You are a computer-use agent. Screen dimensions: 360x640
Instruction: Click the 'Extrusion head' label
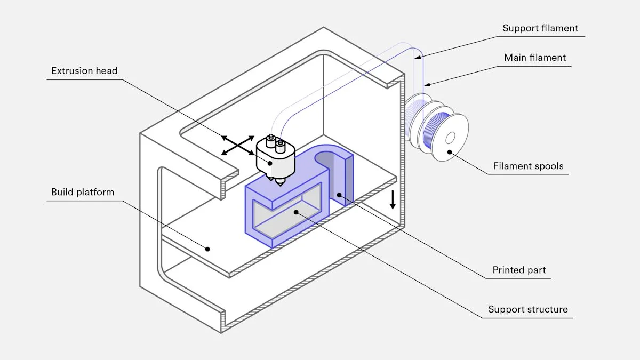pos(84,71)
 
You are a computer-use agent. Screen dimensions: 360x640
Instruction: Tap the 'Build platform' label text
pos(83,192)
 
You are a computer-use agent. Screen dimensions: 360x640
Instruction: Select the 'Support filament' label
pos(540,28)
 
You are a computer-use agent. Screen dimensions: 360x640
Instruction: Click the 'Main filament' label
pos(535,58)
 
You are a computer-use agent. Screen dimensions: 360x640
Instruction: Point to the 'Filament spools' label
pos(528,166)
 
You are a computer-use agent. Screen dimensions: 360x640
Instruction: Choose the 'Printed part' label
pos(519,270)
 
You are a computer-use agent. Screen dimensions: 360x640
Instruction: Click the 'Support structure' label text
pos(528,309)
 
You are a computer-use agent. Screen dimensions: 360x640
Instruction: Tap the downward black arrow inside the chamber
pos(393,199)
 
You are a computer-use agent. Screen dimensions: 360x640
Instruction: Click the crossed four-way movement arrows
pos(238,145)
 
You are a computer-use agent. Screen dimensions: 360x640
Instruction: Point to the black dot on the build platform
pos(209,249)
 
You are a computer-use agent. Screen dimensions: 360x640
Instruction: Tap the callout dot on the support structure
pos(296,212)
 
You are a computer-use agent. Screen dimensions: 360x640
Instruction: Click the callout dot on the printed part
pos(338,196)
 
